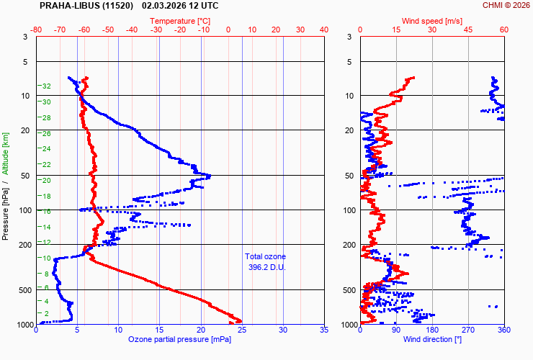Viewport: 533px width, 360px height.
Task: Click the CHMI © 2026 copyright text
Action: click(x=505, y=5)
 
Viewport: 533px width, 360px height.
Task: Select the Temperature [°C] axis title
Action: click(x=181, y=22)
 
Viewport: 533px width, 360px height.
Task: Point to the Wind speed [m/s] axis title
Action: click(x=432, y=22)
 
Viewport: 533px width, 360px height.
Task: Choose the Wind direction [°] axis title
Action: click(x=431, y=339)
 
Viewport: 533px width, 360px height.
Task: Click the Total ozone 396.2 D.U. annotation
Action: click(x=265, y=261)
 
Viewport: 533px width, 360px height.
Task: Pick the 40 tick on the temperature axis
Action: click(x=323, y=30)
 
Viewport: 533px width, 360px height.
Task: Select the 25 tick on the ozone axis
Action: click(x=242, y=330)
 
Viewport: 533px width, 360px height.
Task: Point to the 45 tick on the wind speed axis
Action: click(x=468, y=30)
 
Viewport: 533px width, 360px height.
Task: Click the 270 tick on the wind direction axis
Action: click(x=468, y=330)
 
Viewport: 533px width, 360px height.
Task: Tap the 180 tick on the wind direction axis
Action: click(x=432, y=330)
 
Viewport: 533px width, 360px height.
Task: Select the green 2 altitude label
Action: click(x=47, y=313)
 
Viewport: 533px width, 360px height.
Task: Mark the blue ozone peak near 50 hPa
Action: click(x=208, y=176)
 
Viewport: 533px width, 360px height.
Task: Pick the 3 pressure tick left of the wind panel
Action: click(x=349, y=37)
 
